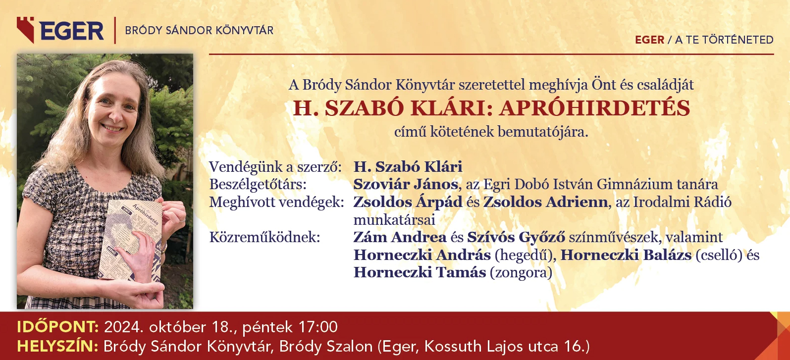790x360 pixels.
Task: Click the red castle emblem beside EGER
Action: [25, 30]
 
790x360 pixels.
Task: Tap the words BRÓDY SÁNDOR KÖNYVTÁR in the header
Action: [199, 30]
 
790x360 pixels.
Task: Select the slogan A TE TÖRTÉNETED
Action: [724, 40]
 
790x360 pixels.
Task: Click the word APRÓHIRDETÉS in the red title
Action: [594, 108]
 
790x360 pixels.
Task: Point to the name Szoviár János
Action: [406, 184]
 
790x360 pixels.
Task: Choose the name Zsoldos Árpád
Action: [408, 202]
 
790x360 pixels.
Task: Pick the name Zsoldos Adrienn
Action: [546, 202]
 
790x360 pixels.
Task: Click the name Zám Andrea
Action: [400, 237]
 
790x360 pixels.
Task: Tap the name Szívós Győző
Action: [516, 238]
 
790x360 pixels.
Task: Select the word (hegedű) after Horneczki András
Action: [524, 256]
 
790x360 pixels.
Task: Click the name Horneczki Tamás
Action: [420, 272]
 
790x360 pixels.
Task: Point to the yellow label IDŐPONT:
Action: [58, 327]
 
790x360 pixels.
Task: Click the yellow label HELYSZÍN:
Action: [57, 346]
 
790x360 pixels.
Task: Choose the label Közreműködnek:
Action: [264, 238]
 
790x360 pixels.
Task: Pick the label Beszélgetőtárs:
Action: [258, 185]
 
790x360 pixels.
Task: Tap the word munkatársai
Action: [394, 220]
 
